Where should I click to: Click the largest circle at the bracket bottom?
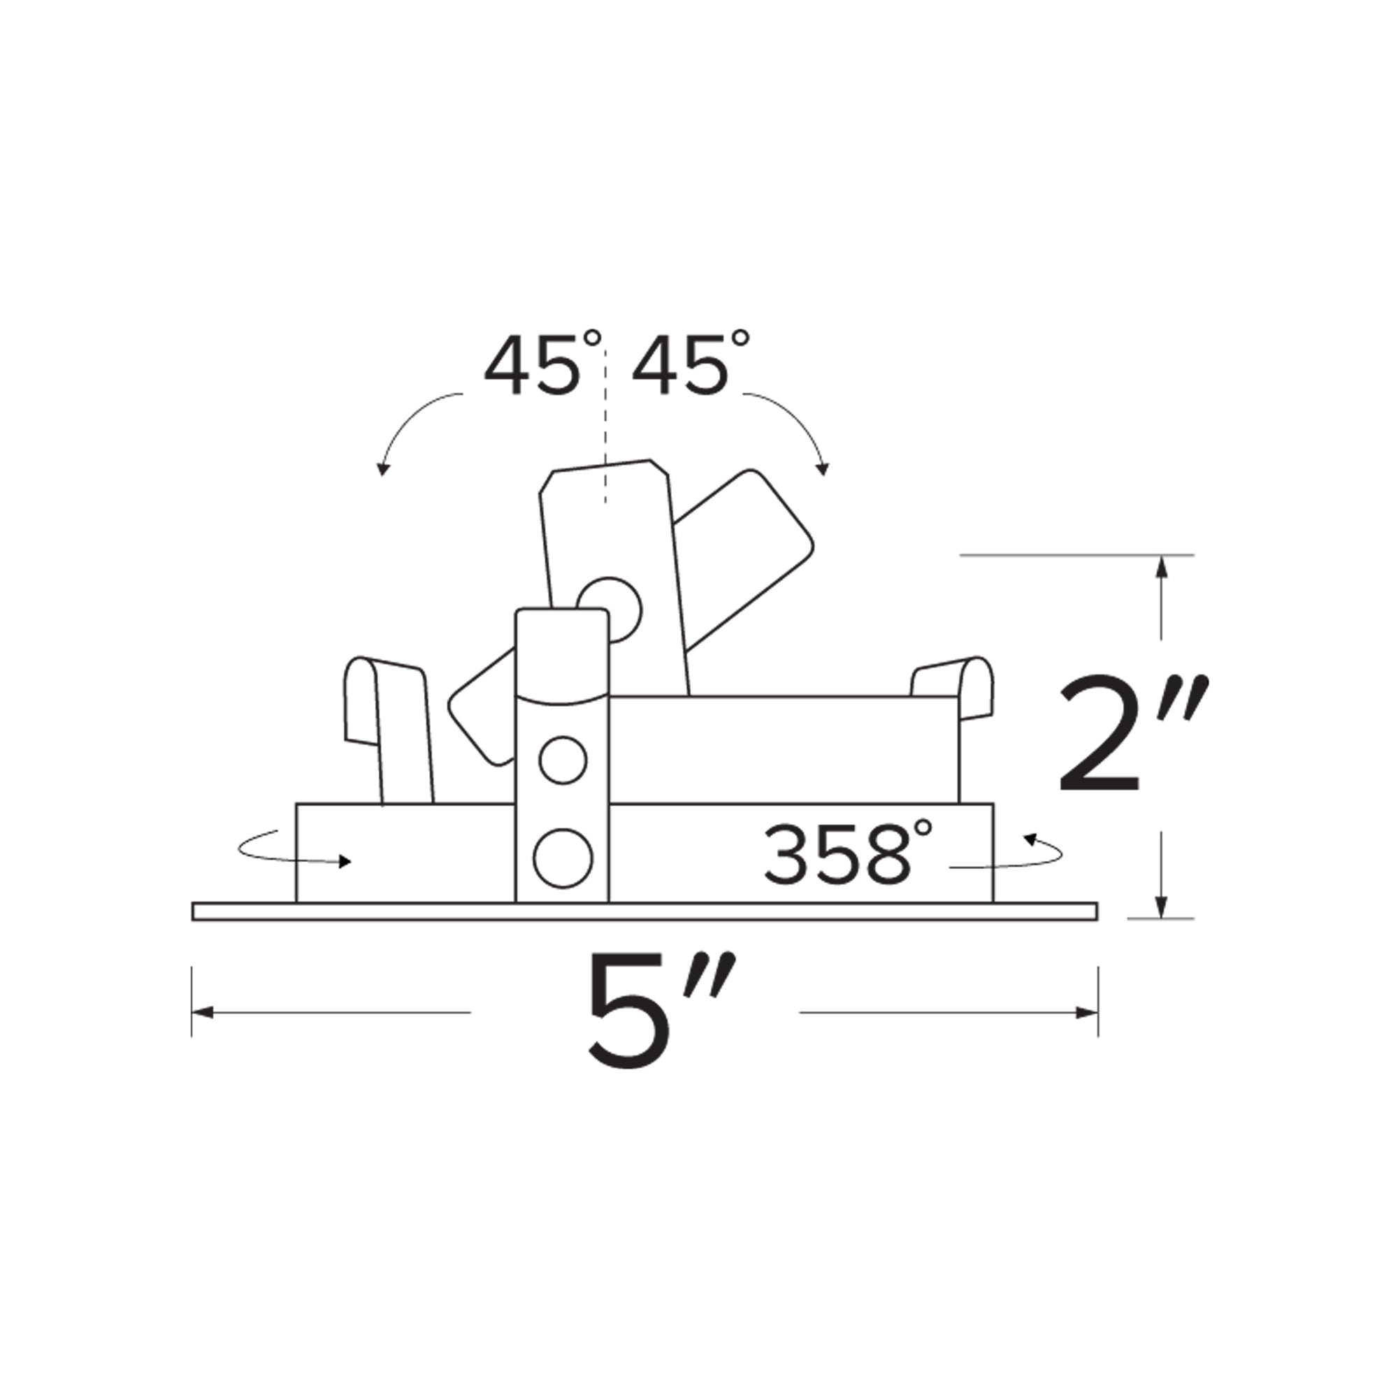tap(563, 858)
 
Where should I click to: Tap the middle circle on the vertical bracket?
tap(563, 760)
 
